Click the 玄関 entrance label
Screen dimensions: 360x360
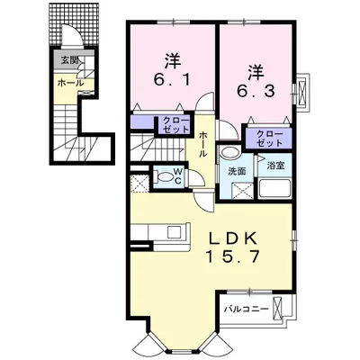pos(70,60)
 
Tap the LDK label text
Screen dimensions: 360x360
pos(233,238)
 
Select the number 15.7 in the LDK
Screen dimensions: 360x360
pos(232,256)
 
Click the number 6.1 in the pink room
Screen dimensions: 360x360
pos(172,80)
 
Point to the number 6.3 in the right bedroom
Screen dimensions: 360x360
pos(256,90)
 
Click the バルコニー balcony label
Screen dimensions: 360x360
pos(246,309)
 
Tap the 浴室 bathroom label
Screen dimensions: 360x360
pos(275,166)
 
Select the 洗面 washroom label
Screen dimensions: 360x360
pos(237,172)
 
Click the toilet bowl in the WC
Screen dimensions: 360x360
pos(165,176)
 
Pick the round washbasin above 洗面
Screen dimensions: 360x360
pos(229,152)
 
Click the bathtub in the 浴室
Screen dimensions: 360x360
pos(274,189)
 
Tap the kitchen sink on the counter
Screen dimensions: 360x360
pos(173,232)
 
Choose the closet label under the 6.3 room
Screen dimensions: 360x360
pos(270,139)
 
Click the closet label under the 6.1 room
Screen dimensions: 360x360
pos(176,125)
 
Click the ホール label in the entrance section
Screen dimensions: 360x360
pos(70,83)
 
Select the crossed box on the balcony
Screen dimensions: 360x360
pos(278,309)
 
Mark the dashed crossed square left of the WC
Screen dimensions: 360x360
pos(139,184)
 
